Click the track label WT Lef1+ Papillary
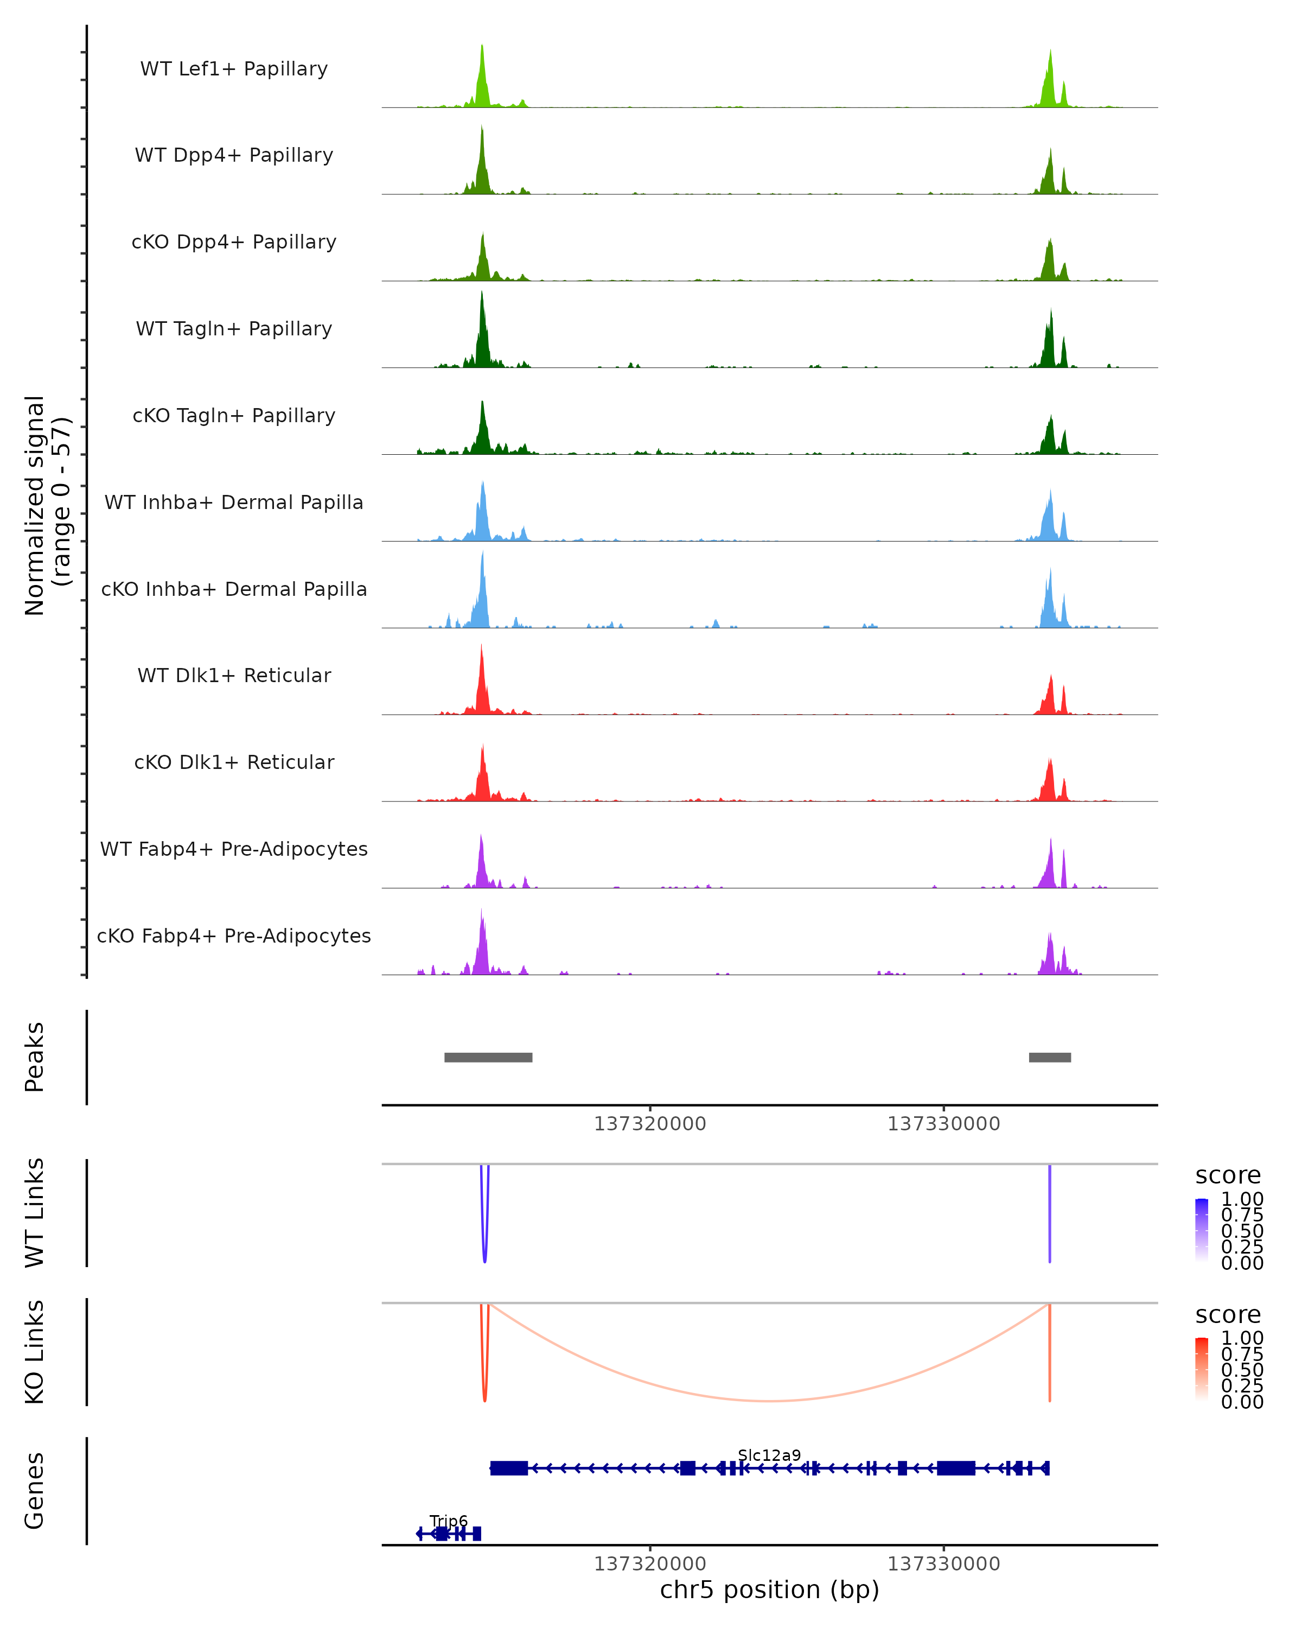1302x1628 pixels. click(234, 69)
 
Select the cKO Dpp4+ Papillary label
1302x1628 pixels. click(234, 241)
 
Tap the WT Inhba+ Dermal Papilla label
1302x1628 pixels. click(234, 502)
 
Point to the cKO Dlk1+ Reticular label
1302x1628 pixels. click(234, 762)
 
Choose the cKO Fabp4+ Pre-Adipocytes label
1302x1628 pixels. click(234, 936)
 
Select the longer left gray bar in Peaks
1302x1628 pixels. click(488, 1057)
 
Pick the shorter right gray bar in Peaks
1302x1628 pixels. click(1050, 1057)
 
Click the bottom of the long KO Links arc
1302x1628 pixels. click(768, 1401)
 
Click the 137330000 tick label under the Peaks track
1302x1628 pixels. click(943, 1124)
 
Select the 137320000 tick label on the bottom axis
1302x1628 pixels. click(650, 1565)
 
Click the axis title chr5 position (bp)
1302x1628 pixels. click(769, 1590)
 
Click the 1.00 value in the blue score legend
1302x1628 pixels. click(1242, 1199)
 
